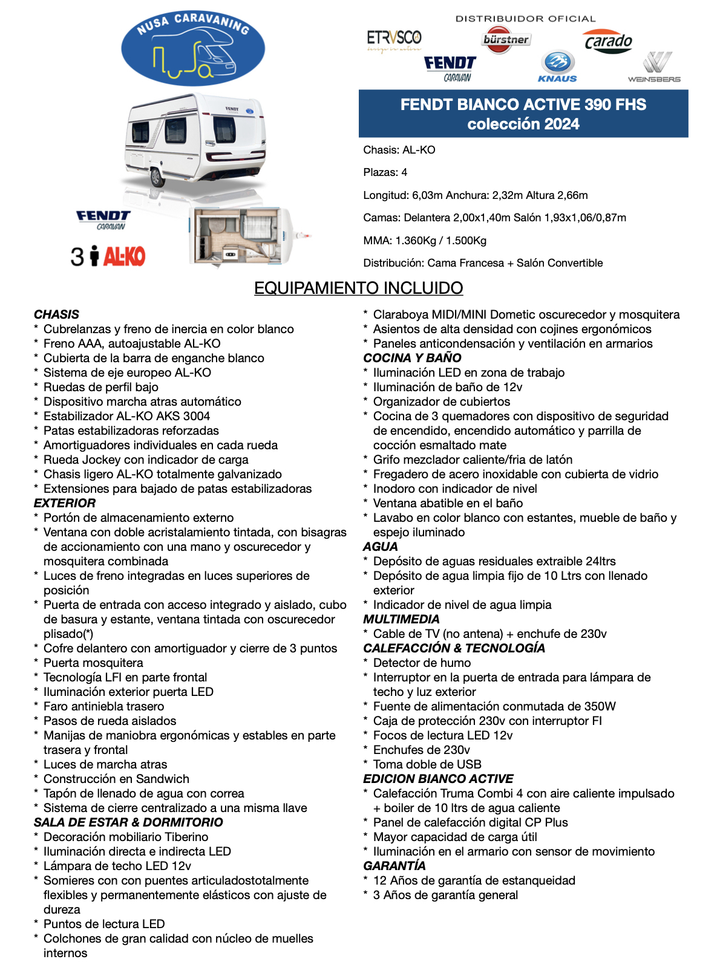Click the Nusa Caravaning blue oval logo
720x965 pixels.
pos(193,48)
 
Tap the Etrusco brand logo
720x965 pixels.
pos(394,41)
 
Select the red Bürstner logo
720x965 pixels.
pos(506,40)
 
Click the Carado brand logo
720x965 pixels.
pos(608,42)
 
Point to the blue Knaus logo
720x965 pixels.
pos(557,66)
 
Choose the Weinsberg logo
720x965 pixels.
pos(654,68)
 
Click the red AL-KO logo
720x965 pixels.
pos(124,256)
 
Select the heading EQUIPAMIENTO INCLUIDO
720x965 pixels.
pos(358,288)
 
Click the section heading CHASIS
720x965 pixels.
pos(56,314)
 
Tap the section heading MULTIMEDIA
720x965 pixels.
pos(401,619)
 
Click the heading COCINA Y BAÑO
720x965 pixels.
pos(412,358)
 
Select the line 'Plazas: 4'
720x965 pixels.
pos(385,172)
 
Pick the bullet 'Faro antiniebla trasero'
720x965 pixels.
pos(103,706)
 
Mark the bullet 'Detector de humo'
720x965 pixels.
pos(422,663)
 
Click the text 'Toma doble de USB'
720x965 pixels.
pos(427,764)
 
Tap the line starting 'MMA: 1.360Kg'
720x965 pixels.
pos(425,241)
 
